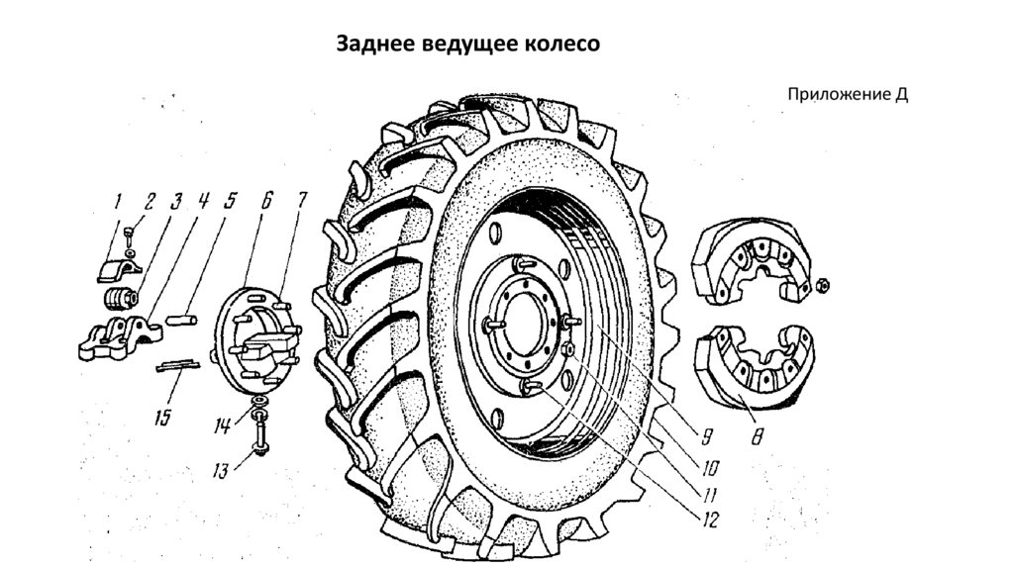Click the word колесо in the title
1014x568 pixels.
562,46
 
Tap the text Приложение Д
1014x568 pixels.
848,95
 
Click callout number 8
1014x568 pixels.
757,435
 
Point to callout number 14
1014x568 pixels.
223,426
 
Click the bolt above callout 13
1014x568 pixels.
258,427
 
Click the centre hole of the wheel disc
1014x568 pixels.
518,327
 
